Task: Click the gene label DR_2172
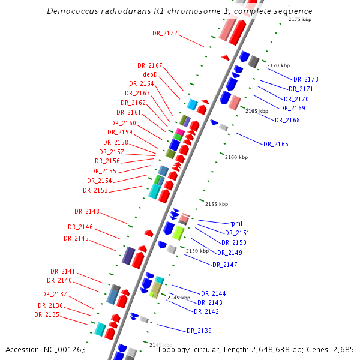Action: pos(165,34)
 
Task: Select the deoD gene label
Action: pos(150,74)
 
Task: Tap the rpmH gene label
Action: pos(237,223)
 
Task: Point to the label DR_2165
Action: pos(275,144)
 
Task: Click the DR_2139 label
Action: pos(199,331)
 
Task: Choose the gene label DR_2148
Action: pos(87,211)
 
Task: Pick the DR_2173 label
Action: pos(306,79)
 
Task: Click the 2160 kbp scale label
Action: pos(236,157)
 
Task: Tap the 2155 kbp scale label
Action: pos(217,204)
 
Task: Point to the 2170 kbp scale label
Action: pos(278,65)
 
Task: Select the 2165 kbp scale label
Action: pos(257,111)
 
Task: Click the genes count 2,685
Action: pos(343,349)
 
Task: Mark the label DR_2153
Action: pos(95,190)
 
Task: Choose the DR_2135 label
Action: pos(47,314)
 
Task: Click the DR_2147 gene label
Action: pos(225,265)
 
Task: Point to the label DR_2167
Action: pos(150,65)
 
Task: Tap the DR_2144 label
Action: pos(214,293)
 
